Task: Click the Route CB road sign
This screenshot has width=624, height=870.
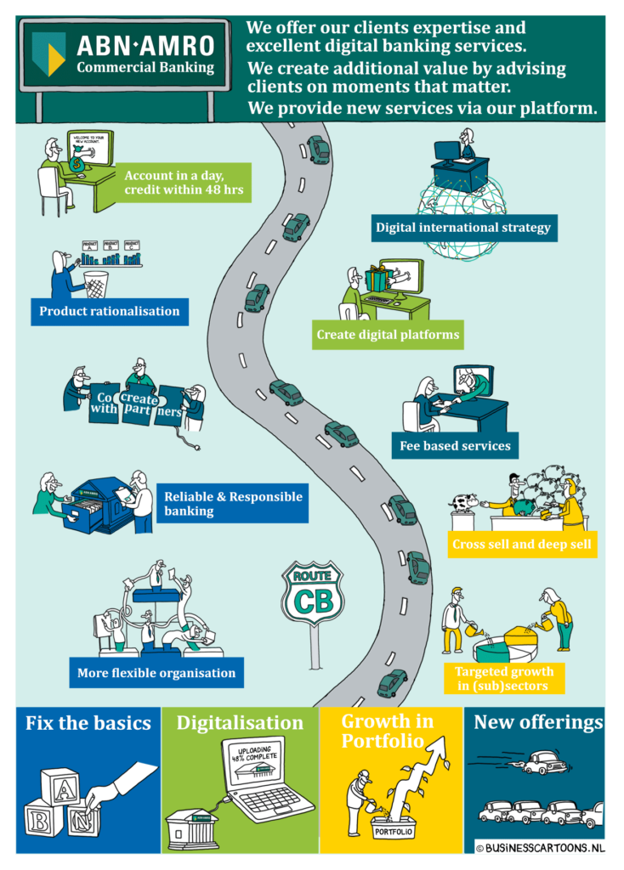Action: click(312, 594)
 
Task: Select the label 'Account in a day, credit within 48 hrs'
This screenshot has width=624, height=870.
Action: click(184, 183)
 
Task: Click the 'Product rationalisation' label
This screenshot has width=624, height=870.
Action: click(110, 311)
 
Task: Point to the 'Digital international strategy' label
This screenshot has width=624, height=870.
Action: click(463, 228)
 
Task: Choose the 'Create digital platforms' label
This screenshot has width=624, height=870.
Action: click(388, 335)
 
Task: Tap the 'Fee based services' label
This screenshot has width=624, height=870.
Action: click(456, 445)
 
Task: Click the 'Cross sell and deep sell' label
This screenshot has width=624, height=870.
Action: click(522, 545)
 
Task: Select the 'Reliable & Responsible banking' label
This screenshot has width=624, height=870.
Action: click(232, 504)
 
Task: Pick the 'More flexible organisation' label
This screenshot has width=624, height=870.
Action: click(156, 673)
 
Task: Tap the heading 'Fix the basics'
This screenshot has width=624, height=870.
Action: click(88, 723)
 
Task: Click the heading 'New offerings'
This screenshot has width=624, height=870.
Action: click(538, 723)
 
